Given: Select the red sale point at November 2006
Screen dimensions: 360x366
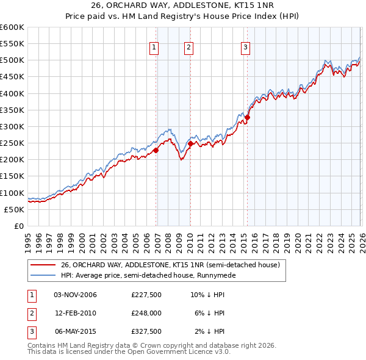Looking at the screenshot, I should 156,150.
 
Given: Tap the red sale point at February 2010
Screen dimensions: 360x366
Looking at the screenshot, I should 190,143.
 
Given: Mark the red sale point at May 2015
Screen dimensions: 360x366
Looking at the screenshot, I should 247,117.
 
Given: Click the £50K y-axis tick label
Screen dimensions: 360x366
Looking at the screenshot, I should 14,209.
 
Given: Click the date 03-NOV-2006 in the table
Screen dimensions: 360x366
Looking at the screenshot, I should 75,295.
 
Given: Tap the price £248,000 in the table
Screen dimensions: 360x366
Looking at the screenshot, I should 146,313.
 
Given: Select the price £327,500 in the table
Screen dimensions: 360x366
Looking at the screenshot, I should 146,331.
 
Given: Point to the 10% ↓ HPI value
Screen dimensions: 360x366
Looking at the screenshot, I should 208,295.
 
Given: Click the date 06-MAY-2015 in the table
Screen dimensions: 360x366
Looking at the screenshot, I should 75,331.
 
